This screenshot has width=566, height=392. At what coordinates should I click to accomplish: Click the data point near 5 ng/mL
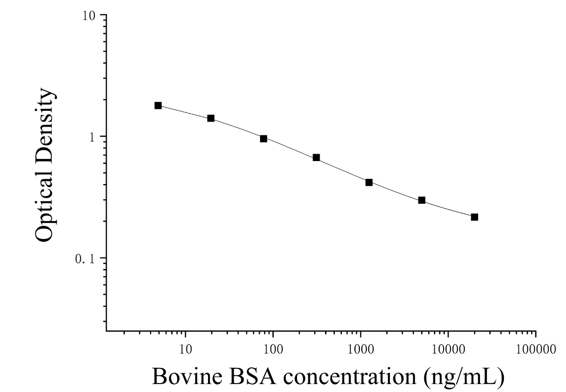tap(158, 105)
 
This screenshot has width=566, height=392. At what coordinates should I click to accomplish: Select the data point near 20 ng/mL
tap(211, 118)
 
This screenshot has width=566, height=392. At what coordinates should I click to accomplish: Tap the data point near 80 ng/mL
tap(264, 138)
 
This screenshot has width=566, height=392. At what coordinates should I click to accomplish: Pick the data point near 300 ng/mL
tap(316, 157)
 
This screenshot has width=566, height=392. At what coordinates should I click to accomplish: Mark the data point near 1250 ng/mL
tap(369, 182)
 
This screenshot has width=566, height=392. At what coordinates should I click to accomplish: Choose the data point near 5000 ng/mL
tap(421, 200)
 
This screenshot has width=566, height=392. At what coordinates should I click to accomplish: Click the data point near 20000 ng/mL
tap(475, 217)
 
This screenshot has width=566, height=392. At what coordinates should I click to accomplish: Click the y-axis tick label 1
tap(91, 137)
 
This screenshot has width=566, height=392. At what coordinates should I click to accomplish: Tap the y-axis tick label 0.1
tap(85, 259)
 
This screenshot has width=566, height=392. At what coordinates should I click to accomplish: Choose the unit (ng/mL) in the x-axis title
tap(464, 377)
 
